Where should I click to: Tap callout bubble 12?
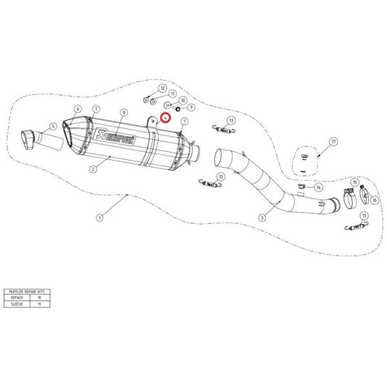(x=162, y=88)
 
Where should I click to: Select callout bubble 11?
(x=172, y=94)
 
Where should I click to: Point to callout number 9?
(x=191, y=107)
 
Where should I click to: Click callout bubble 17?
(x=333, y=141)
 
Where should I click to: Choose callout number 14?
(x=318, y=187)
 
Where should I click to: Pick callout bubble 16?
(x=373, y=199)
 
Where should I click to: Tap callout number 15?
(x=353, y=183)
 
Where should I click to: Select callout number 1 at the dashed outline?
(x=100, y=217)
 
